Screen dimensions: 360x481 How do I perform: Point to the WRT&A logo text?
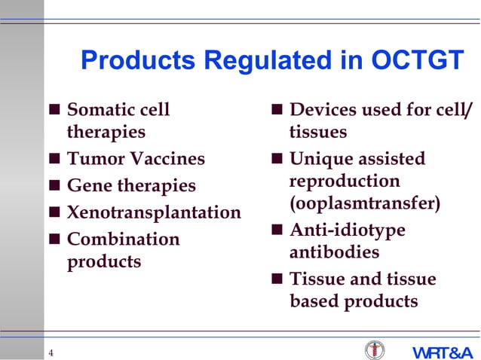[442, 352]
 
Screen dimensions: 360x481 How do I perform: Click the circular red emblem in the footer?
[374, 350]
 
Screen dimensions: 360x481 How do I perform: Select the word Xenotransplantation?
[154, 212]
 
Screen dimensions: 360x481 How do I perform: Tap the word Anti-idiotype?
[348, 230]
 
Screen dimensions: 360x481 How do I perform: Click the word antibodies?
[334, 252]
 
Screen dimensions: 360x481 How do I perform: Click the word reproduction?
[345, 182]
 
